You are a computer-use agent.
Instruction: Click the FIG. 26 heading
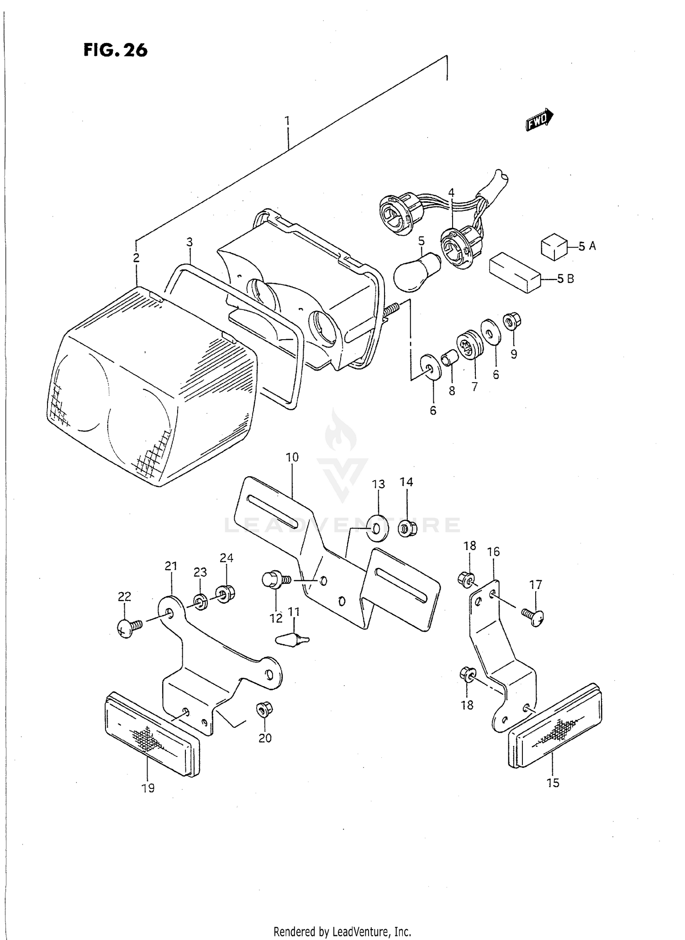click(116, 50)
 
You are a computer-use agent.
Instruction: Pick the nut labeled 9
click(512, 322)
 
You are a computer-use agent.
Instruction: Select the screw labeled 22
click(127, 628)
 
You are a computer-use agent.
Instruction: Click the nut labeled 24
click(225, 594)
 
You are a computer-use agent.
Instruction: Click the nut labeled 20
click(263, 709)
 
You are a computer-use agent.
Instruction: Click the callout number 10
click(292, 457)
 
